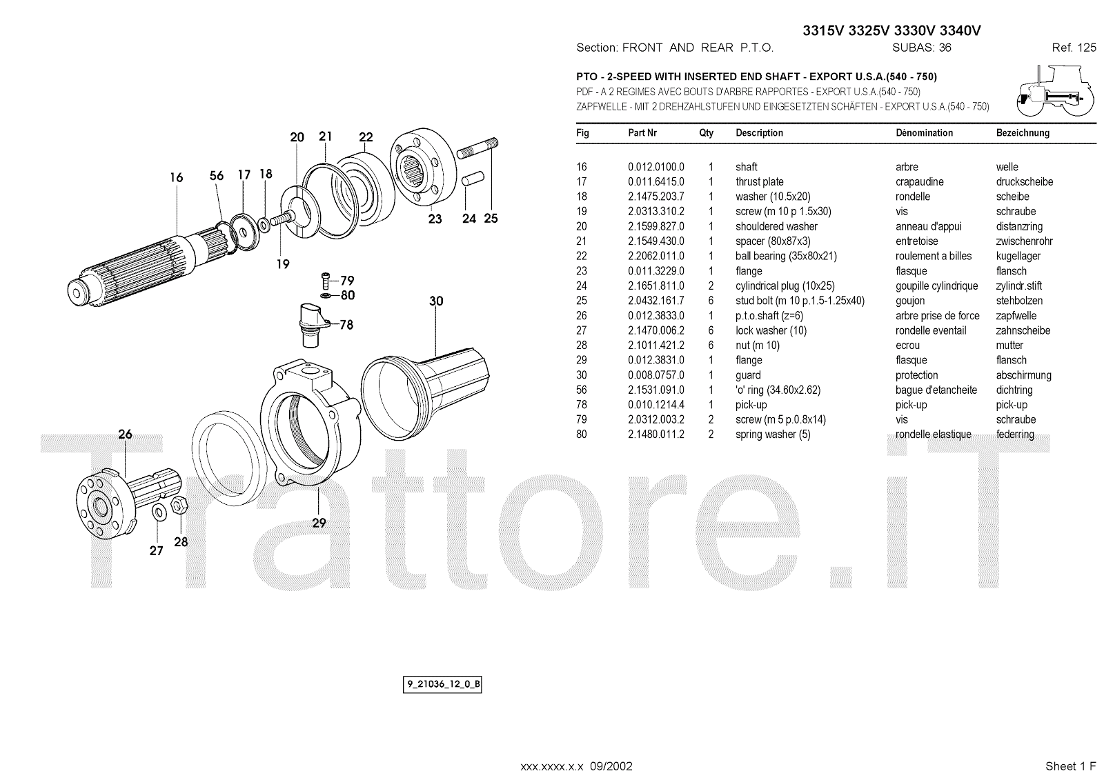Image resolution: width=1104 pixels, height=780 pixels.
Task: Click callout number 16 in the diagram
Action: [177, 177]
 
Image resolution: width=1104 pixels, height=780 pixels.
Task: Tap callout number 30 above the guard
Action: [436, 301]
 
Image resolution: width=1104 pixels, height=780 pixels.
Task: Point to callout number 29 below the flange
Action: [319, 523]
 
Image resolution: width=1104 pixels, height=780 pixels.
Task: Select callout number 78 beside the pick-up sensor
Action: [346, 325]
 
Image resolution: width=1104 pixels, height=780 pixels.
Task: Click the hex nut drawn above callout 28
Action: [179, 506]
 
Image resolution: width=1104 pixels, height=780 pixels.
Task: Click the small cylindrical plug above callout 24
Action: [473, 179]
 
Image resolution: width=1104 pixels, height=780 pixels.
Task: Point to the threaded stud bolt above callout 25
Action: [477, 148]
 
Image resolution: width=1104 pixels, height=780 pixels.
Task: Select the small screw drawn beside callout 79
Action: [325, 281]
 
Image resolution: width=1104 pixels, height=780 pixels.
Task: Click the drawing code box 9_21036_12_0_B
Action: [442, 684]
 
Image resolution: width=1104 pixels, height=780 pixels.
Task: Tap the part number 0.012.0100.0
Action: [656, 167]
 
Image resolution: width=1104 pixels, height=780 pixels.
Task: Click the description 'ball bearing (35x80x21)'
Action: [786, 257]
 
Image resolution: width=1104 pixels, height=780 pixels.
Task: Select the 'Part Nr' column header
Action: [642, 132]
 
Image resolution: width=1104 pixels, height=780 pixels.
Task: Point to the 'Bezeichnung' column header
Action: [1023, 132]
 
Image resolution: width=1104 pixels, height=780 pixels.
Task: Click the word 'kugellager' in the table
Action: [1018, 257]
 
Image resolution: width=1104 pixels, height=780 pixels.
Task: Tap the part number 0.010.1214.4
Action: [656, 405]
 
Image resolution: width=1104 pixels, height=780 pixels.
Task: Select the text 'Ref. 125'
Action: [1074, 48]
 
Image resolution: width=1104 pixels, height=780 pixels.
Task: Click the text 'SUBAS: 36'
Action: [922, 48]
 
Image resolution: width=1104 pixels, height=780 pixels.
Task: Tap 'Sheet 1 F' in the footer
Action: [1070, 766]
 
